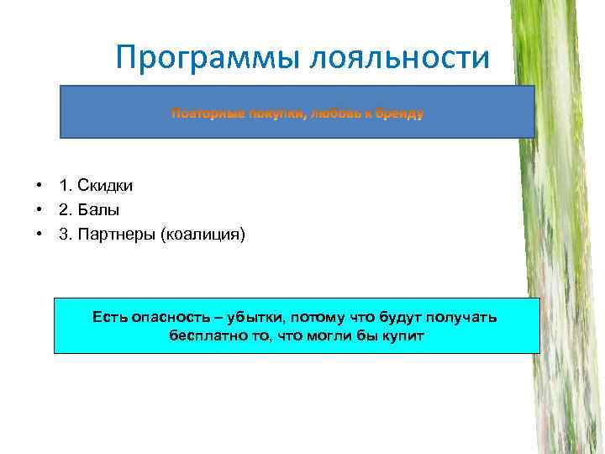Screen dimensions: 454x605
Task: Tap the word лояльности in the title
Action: (399, 58)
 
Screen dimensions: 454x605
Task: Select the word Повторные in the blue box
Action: (206, 112)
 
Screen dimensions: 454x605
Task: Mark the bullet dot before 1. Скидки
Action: (39, 186)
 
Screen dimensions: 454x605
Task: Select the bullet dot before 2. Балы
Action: (39, 210)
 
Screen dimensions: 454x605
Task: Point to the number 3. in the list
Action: (66, 234)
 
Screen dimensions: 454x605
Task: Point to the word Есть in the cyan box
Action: (110, 317)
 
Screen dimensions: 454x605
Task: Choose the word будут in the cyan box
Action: (398, 317)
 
